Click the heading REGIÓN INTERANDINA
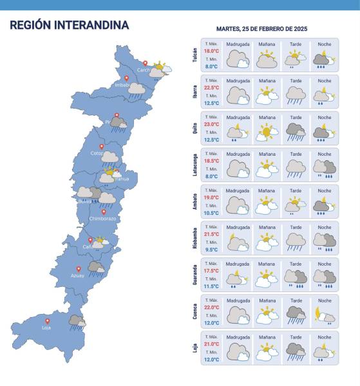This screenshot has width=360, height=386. pyautogui.click(x=70, y=26)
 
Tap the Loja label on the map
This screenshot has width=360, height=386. pyautogui.click(x=47, y=327)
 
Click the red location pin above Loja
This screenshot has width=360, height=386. pyautogui.click(x=47, y=320)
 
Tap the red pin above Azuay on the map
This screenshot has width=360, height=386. pyautogui.click(x=79, y=268)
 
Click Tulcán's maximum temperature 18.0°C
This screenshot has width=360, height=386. pyautogui.click(x=212, y=50)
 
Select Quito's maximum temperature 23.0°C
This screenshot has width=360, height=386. pyautogui.click(x=212, y=124)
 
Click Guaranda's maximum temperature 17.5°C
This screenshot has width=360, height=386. pyautogui.click(x=212, y=271)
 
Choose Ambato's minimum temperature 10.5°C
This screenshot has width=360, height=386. pyautogui.click(x=212, y=213)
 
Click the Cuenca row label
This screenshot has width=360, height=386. pyautogui.click(x=194, y=312)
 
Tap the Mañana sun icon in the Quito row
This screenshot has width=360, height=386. pyautogui.click(x=267, y=133)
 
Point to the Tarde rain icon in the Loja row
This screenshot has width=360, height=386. pyautogui.click(x=296, y=351)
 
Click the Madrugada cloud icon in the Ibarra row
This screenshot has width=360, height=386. pyautogui.click(x=238, y=95)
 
